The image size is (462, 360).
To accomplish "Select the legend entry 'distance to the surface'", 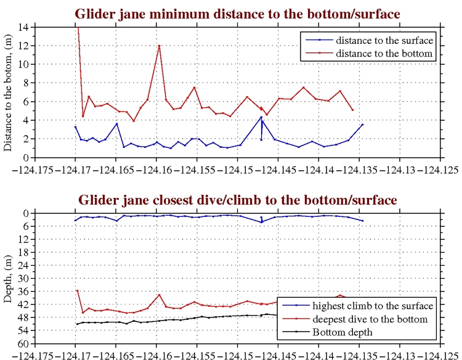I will (x=376, y=41).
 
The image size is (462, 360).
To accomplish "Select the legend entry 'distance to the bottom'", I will (x=376, y=54).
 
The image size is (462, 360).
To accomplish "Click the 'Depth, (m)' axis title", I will (x=9, y=278).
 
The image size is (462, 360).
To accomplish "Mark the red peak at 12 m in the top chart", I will (x=159, y=46).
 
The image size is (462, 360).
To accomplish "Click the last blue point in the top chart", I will (x=362, y=125).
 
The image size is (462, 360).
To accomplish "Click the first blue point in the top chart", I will (x=75, y=127).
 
